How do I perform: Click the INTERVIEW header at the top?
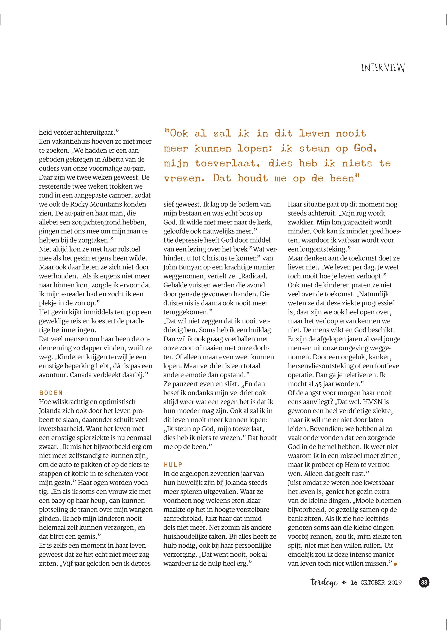click(x=383, y=68)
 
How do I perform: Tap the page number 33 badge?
click(x=424, y=583)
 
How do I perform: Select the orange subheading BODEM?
click(x=51, y=393)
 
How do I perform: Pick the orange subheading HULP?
click(x=173, y=465)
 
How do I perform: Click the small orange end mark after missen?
click(x=395, y=564)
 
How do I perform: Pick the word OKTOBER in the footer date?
click(x=373, y=583)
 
